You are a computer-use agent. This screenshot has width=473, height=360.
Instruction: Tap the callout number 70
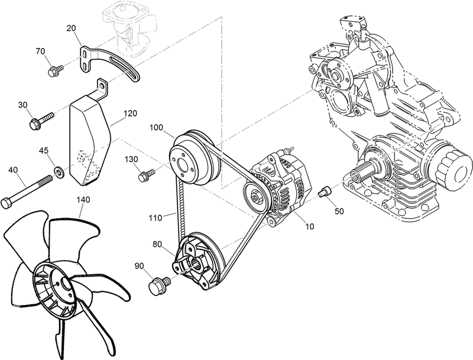click(x=41, y=51)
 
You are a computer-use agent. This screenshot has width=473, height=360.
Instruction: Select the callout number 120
click(x=130, y=112)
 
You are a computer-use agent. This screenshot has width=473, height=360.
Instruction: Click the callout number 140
click(x=83, y=200)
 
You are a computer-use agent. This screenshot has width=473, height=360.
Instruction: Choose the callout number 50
click(x=339, y=210)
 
